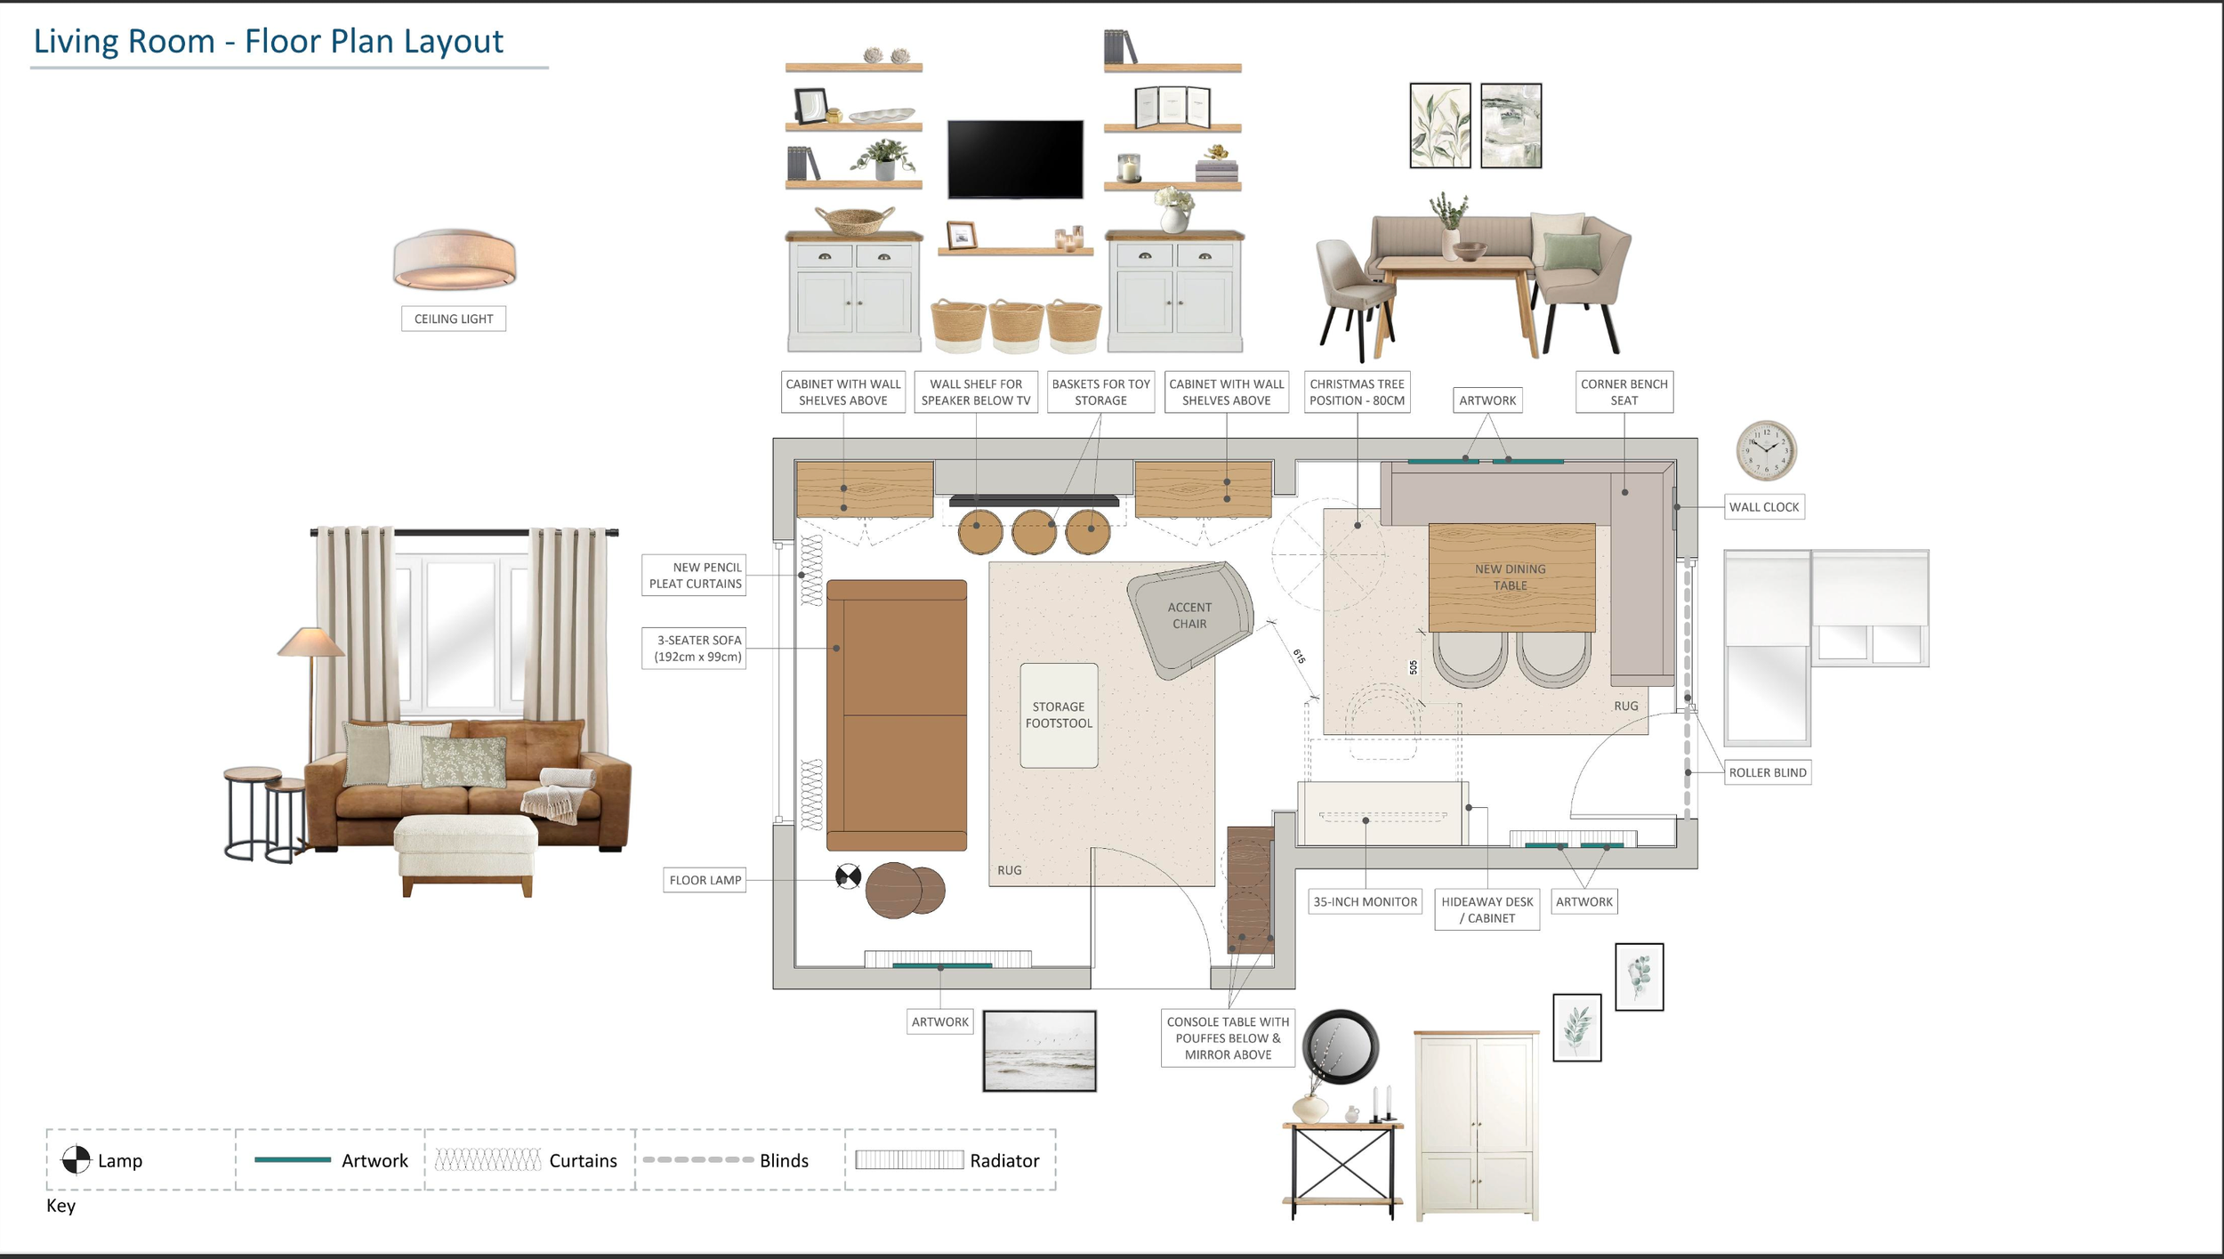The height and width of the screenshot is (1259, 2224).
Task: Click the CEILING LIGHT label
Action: [454, 319]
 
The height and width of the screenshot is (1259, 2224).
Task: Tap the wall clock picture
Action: [1766, 450]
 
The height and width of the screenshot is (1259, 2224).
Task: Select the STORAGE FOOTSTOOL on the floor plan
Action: [1059, 715]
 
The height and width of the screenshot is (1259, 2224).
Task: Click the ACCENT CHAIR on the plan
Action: [1190, 618]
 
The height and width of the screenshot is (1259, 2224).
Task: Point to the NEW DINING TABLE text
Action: [1511, 577]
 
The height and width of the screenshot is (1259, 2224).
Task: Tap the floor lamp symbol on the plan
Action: [848, 877]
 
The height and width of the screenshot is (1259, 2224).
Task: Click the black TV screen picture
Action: [1015, 159]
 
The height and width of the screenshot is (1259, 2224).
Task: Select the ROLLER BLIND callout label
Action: [1768, 772]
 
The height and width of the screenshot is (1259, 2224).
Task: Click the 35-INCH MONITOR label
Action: [1366, 901]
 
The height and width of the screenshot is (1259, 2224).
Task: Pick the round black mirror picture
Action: [1341, 1046]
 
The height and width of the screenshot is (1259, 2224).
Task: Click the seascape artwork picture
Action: [1039, 1051]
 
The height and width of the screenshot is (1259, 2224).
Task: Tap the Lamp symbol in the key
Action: [76, 1159]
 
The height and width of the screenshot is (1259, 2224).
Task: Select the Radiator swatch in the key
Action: [909, 1159]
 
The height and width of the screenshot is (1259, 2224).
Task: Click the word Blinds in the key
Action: [784, 1160]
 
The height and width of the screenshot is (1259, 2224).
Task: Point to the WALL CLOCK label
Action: [1764, 507]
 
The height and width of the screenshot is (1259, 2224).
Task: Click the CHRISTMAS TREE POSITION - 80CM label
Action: [1358, 392]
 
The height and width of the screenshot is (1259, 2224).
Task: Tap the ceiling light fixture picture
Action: [455, 259]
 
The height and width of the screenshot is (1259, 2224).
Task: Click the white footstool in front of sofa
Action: [466, 853]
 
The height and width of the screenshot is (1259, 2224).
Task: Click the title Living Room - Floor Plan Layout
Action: [268, 41]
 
